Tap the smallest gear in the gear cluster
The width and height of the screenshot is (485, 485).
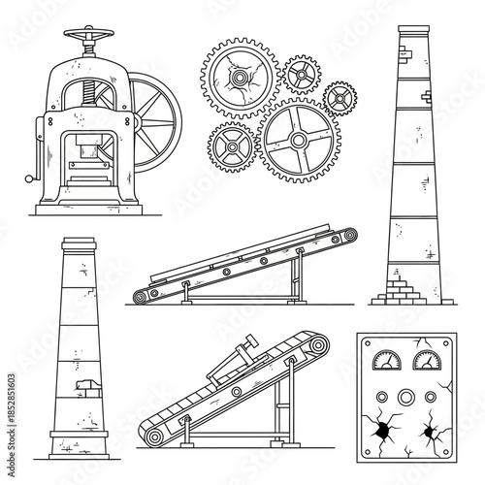(339, 97)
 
